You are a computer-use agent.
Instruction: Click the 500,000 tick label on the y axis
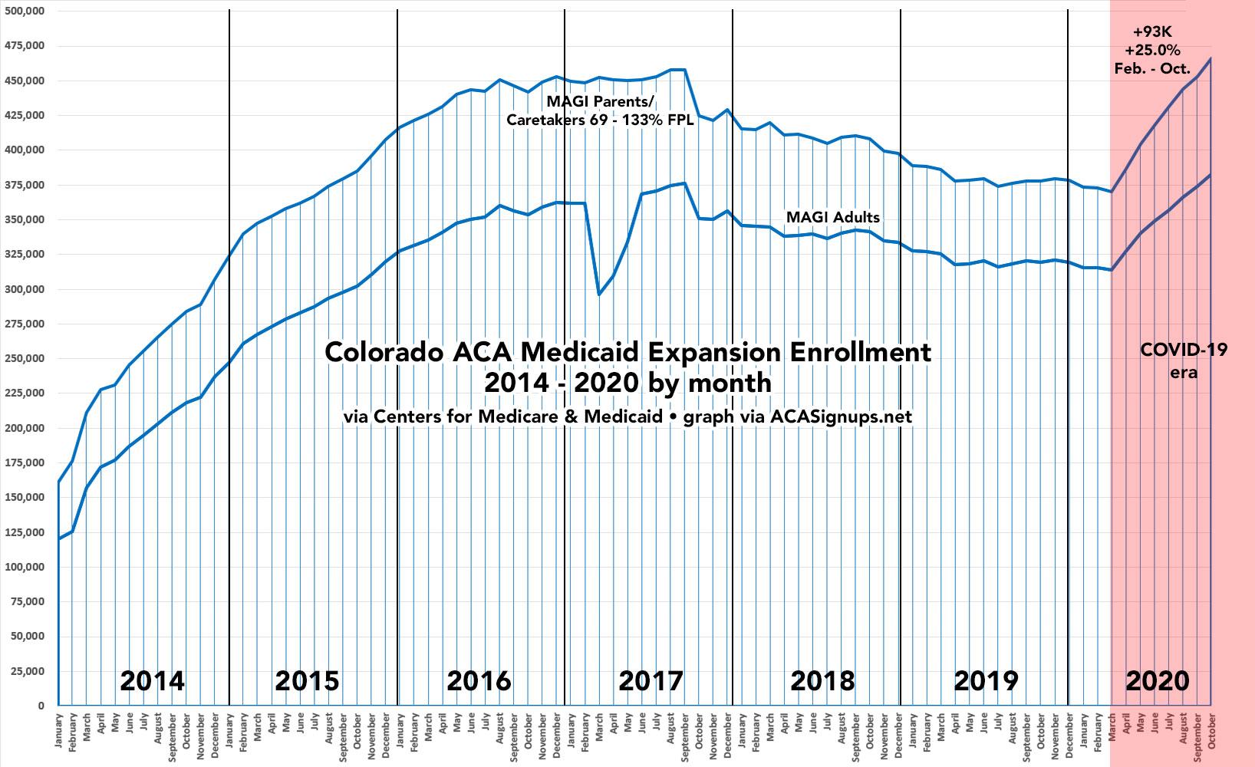24,12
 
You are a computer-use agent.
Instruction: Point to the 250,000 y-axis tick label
24,358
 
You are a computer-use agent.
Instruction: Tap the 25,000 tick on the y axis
27,671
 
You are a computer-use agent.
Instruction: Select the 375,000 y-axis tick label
24,185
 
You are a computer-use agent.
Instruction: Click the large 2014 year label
153,680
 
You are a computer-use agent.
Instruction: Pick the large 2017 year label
651,680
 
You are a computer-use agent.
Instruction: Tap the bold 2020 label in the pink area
1158,680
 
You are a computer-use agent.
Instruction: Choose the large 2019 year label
987,680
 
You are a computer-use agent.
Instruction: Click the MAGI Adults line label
832,218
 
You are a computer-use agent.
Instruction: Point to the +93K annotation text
1152,32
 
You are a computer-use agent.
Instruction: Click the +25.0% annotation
1152,51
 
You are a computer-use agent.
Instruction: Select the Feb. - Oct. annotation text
1152,69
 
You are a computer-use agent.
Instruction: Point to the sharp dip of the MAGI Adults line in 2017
599,295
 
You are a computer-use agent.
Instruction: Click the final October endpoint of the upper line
1211,58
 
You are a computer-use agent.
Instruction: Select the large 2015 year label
307,680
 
